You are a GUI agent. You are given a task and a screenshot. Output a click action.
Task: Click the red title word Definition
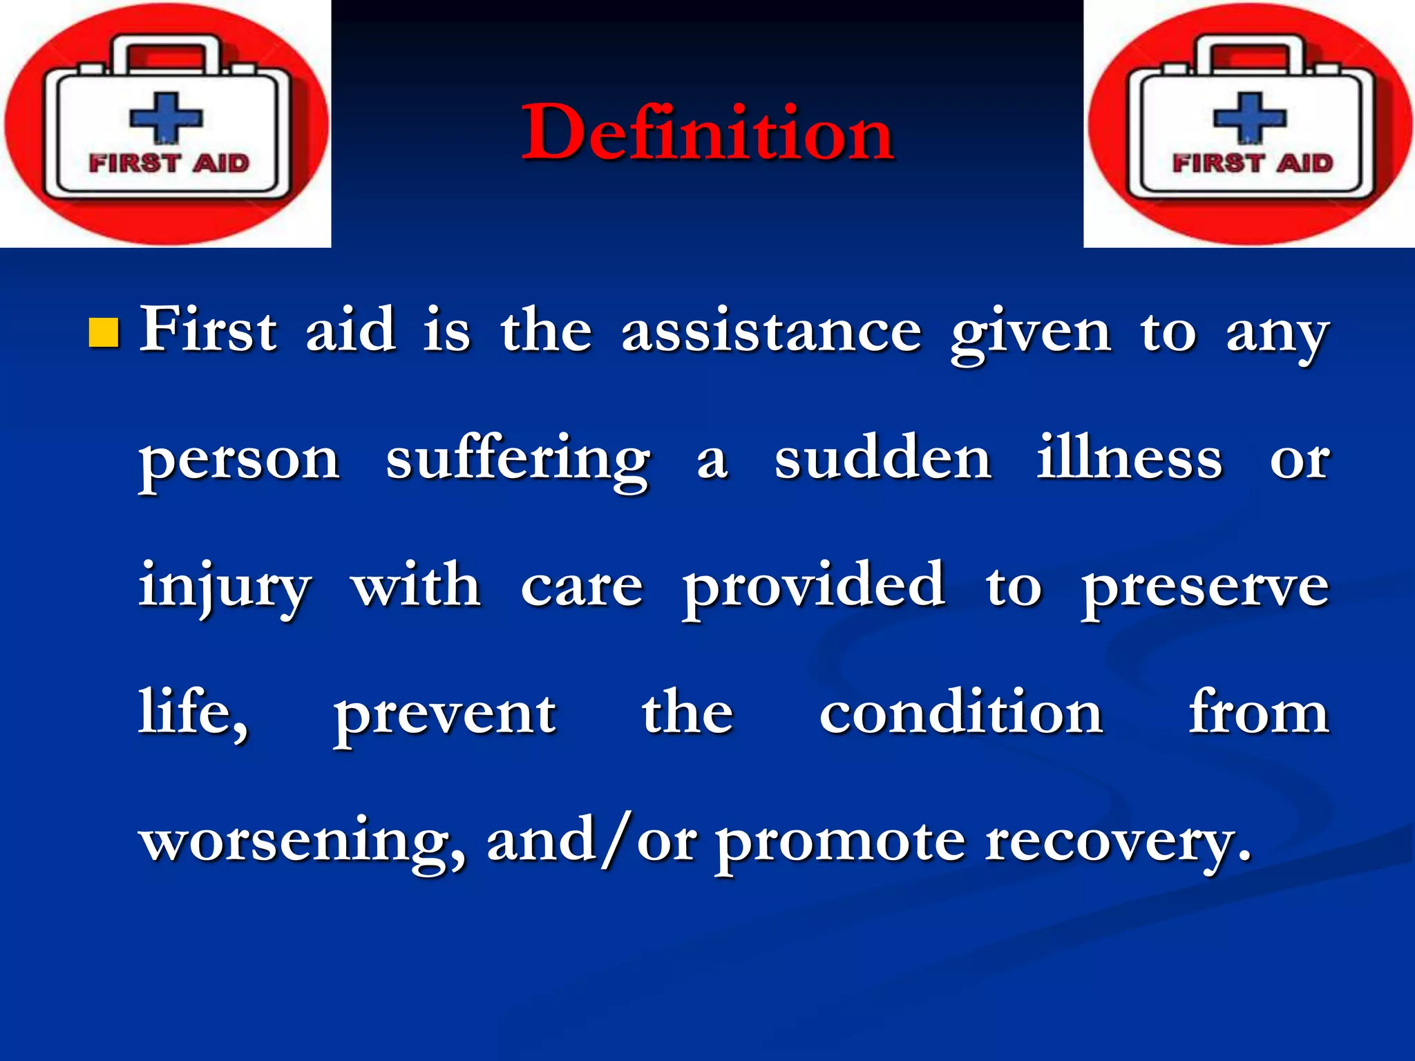pyautogui.click(x=707, y=133)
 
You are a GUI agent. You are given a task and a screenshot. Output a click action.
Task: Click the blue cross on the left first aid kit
pyautogui.click(x=166, y=117)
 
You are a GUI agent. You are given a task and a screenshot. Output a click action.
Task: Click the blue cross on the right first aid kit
pyautogui.click(x=1250, y=117)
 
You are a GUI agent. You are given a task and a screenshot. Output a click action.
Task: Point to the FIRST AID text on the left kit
pyautogui.click(x=169, y=164)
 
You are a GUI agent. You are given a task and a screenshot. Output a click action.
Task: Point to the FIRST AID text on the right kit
pyautogui.click(x=1253, y=164)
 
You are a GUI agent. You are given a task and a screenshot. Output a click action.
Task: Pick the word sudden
pyautogui.click(x=882, y=459)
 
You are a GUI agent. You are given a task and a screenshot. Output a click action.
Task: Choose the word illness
pyautogui.click(x=1129, y=457)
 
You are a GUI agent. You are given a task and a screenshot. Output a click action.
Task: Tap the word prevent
pyautogui.click(x=445, y=716)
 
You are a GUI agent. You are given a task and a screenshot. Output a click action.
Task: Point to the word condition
pyautogui.click(x=960, y=713)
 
